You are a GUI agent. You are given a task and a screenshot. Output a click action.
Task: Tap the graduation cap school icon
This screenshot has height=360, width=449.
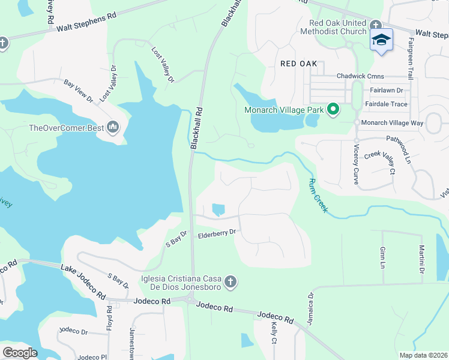(x=381, y=40)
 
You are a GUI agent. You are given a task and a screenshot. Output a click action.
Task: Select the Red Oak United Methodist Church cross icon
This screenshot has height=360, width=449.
(x=376, y=25)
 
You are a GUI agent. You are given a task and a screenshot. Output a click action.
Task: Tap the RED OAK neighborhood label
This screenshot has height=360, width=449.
(x=298, y=62)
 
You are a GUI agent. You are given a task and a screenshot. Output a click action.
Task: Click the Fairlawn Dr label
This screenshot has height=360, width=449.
(x=386, y=90)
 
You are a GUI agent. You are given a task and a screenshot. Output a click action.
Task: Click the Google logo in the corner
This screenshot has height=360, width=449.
(x=20, y=353)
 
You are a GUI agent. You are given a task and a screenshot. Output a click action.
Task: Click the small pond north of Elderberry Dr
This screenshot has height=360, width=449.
(x=218, y=209)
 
